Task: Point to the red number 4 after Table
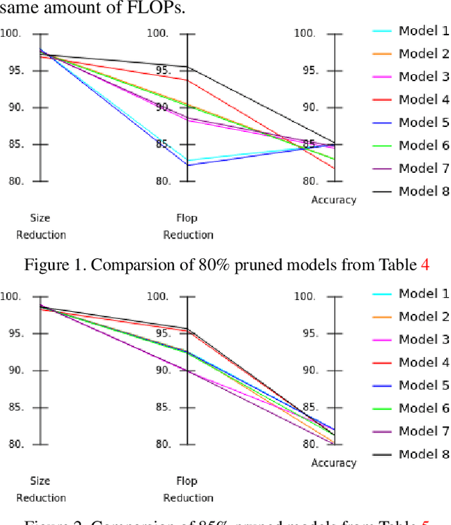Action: coord(425,265)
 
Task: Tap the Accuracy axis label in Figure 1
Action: coord(334,200)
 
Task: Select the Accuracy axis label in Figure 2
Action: coord(334,463)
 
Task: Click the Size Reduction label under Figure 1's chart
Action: coord(41,226)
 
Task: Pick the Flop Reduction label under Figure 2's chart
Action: coord(187,489)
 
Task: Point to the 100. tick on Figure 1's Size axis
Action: coord(11,33)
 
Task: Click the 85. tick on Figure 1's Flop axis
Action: coord(162,145)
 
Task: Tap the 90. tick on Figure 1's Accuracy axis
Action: coord(304,107)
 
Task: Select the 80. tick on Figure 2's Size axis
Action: coord(11,445)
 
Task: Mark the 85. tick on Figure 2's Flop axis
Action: coord(162,407)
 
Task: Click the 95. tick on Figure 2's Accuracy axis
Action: coord(304,334)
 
